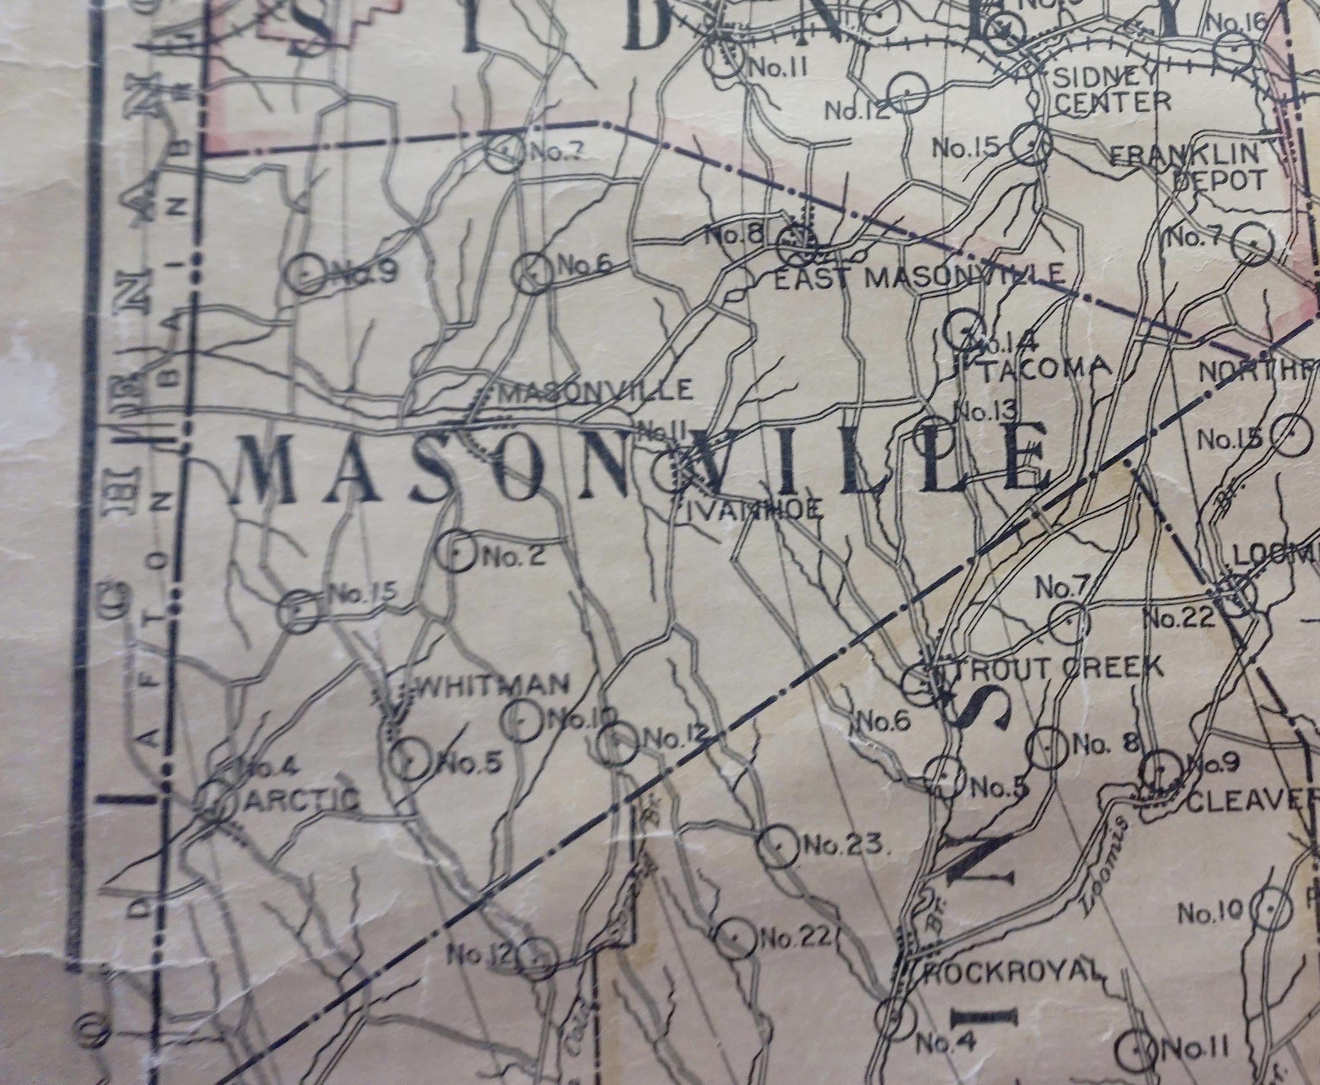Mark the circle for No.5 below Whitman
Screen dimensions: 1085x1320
pyautogui.click(x=410, y=760)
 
